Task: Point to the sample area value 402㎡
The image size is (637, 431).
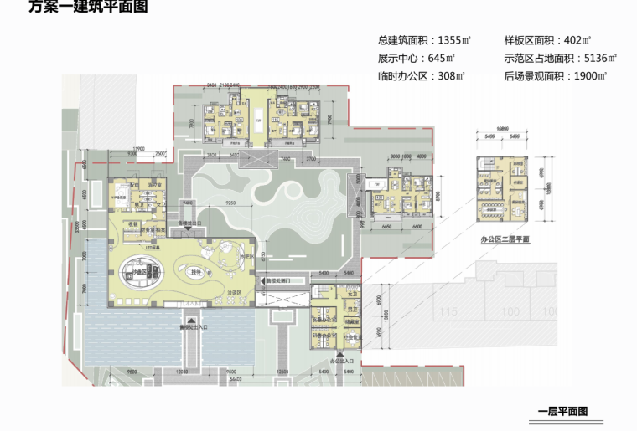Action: tap(575, 40)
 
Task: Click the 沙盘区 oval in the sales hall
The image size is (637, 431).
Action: tap(139, 274)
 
